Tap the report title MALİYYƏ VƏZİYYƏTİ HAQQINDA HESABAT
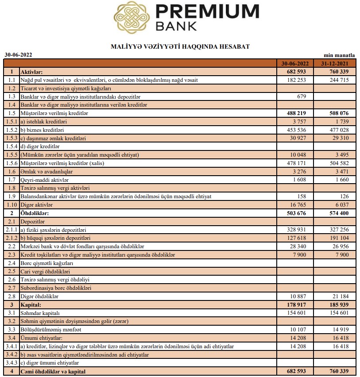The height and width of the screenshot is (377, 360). coord(180,46)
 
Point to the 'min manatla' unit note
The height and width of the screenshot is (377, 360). coord(340,55)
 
